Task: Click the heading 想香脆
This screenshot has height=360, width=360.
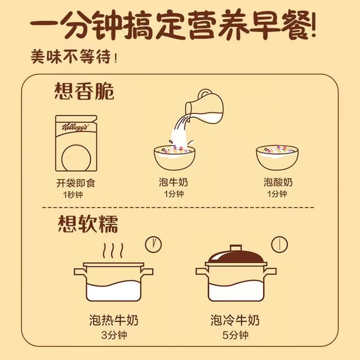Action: [x=84, y=91]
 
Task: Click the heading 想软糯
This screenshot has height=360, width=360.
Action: [x=88, y=224]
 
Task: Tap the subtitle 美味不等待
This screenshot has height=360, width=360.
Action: [x=74, y=56]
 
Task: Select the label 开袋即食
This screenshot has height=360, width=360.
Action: [x=76, y=183]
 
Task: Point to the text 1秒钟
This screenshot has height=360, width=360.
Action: [x=73, y=195]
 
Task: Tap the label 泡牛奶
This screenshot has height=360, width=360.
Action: [x=173, y=182]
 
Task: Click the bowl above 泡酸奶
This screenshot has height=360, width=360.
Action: [x=277, y=157]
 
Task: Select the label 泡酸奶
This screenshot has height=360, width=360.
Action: [x=278, y=182]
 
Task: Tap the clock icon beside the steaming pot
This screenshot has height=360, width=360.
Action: [x=153, y=244]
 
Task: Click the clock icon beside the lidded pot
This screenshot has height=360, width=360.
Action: [x=279, y=244]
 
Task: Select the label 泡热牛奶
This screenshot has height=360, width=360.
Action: [x=114, y=320]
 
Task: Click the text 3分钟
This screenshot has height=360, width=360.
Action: [x=114, y=335]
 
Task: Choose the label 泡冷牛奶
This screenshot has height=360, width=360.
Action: [x=235, y=320]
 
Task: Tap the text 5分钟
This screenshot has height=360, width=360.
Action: [x=235, y=335]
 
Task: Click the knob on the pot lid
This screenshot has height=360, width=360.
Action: [x=236, y=248]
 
